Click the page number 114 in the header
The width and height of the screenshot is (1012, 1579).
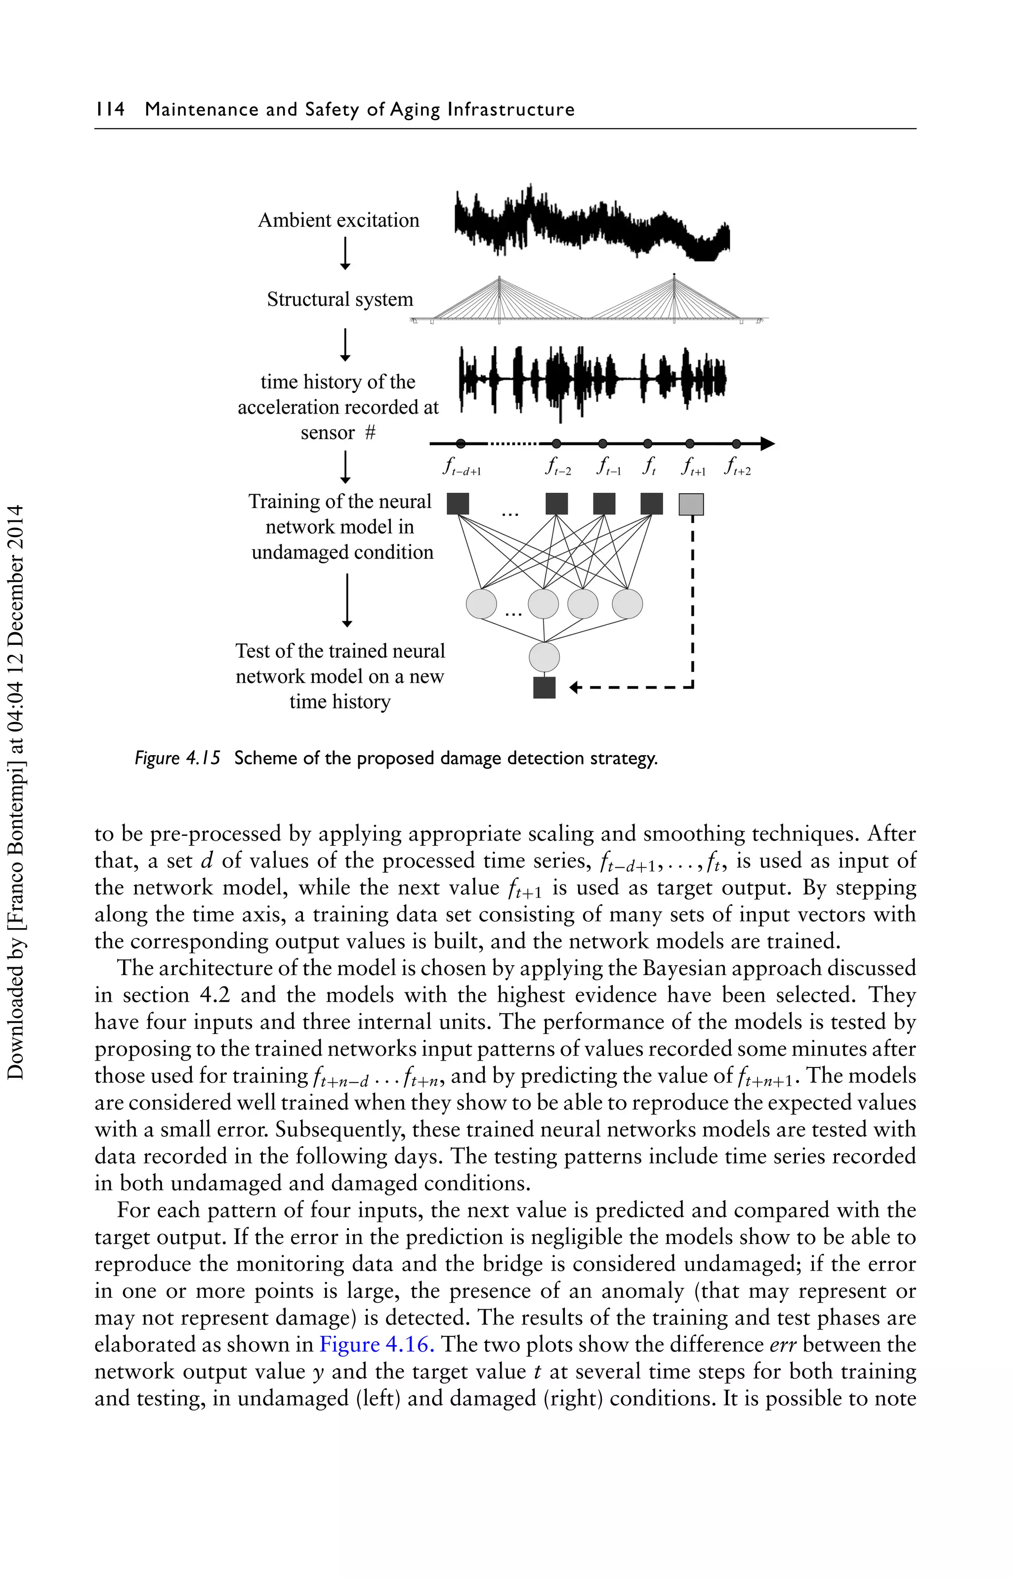110,109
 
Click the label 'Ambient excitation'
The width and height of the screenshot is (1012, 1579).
338,220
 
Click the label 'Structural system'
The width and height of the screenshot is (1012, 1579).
340,299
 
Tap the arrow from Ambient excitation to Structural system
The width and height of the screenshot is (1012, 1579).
344,253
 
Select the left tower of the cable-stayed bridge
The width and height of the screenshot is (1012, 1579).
500,299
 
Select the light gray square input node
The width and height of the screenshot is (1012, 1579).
691,505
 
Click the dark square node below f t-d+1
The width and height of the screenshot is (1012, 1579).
458,504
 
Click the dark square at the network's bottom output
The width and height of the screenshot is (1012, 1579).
544,688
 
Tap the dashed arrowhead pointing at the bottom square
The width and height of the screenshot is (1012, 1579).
574,688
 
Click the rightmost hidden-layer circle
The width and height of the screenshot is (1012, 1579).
627,604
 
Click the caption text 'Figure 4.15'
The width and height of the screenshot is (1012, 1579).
177,758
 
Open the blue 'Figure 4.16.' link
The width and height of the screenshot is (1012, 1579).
377,1344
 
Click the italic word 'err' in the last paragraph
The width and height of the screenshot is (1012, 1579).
783,1344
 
